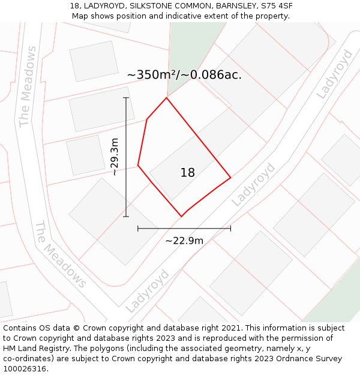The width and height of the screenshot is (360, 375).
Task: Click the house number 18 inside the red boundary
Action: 188,173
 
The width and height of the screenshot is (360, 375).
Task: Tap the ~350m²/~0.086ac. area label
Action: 184,75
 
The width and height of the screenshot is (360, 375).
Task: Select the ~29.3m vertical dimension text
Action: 115,157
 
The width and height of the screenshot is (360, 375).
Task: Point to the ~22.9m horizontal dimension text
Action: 184,241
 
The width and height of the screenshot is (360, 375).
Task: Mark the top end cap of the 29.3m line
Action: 126,98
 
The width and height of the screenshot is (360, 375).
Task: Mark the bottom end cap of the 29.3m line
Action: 126,217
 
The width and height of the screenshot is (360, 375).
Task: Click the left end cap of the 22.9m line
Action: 138,228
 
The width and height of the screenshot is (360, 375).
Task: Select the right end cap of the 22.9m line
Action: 230,228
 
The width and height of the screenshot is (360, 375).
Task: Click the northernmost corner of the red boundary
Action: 166,97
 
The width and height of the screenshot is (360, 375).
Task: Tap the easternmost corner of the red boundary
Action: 230,178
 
